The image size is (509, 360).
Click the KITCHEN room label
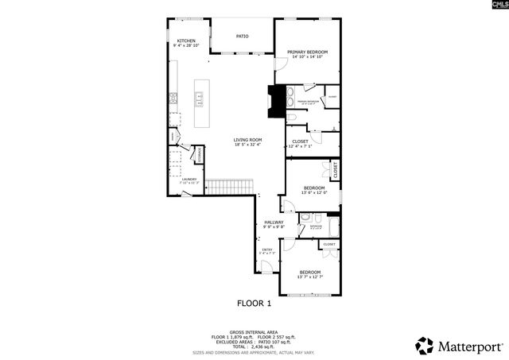click(x=186, y=41)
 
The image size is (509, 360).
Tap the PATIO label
click(x=243, y=36)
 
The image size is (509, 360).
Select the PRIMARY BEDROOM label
click(x=309, y=52)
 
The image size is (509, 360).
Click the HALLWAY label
click(x=274, y=223)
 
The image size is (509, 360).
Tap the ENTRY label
click(x=267, y=250)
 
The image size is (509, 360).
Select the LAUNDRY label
click(x=188, y=180)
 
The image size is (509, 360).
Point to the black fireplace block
click(x=276, y=101)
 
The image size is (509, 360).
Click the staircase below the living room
click(x=230, y=187)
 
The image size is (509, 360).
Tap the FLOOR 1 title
click(x=254, y=303)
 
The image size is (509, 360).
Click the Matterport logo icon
click(x=425, y=346)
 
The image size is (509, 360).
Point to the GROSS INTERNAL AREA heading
click(x=254, y=332)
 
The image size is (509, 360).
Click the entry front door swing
click(x=267, y=266)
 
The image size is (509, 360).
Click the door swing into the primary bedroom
click(x=281, y=64)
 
